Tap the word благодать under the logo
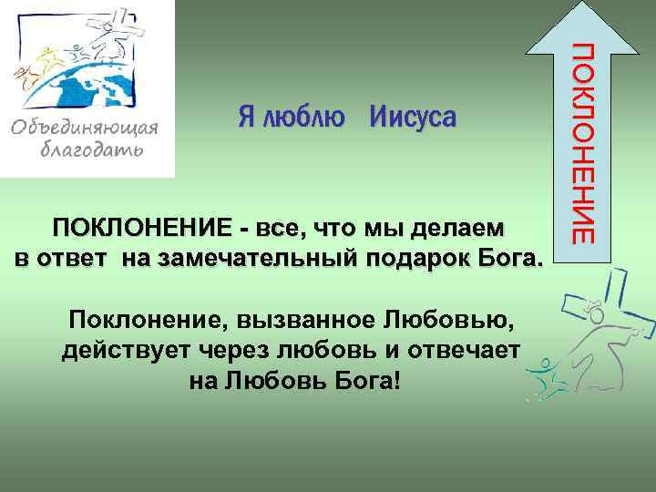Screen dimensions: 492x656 point(91,150)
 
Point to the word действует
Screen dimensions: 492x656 point(119,351)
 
